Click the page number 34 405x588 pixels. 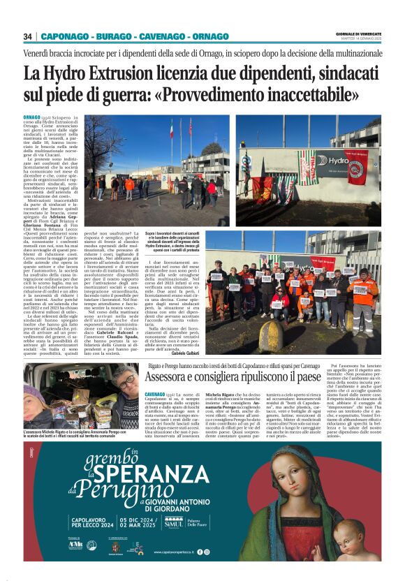point(29,36)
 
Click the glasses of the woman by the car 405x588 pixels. point(130,382)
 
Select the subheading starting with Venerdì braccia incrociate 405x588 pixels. point(202,53)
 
